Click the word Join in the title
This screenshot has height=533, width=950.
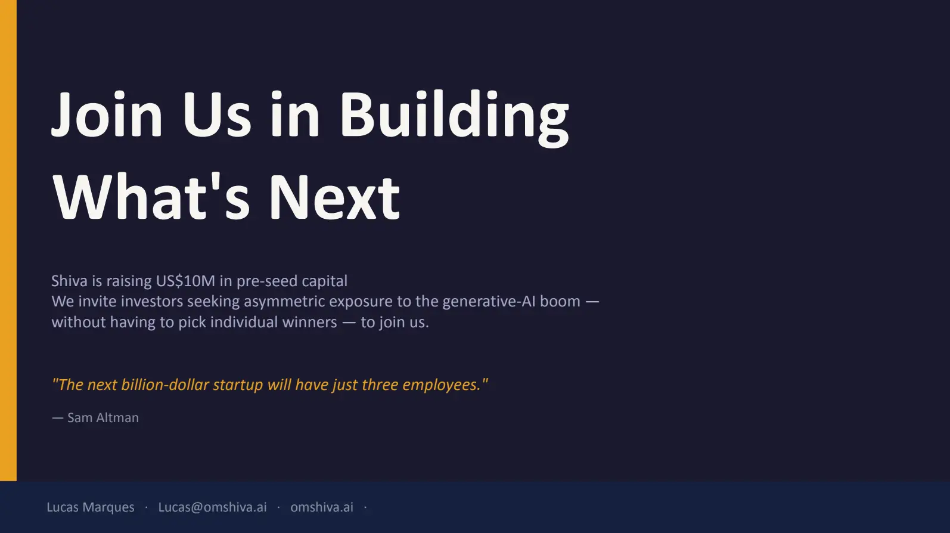[x=107, y=114]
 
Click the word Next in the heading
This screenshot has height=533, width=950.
[x=334, y=197]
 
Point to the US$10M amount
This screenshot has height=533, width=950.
[x=185, y=281]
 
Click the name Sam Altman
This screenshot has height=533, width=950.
[x=103, y=418]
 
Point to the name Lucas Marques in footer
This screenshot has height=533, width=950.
[x=91, y=507]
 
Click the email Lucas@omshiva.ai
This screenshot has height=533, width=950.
[x=212, y=507]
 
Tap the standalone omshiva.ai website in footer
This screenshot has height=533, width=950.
[x=322, y=507]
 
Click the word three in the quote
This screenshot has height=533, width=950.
[x=380, y=385]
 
